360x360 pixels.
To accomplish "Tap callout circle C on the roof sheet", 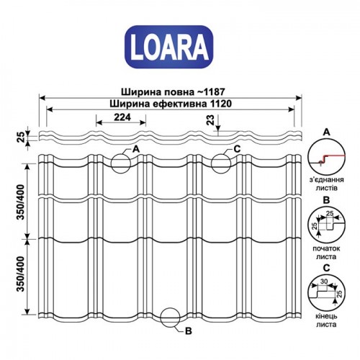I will (223, 159).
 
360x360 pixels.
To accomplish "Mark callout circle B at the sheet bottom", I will (171, 318).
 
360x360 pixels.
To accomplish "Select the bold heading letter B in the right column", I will (326, 200).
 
